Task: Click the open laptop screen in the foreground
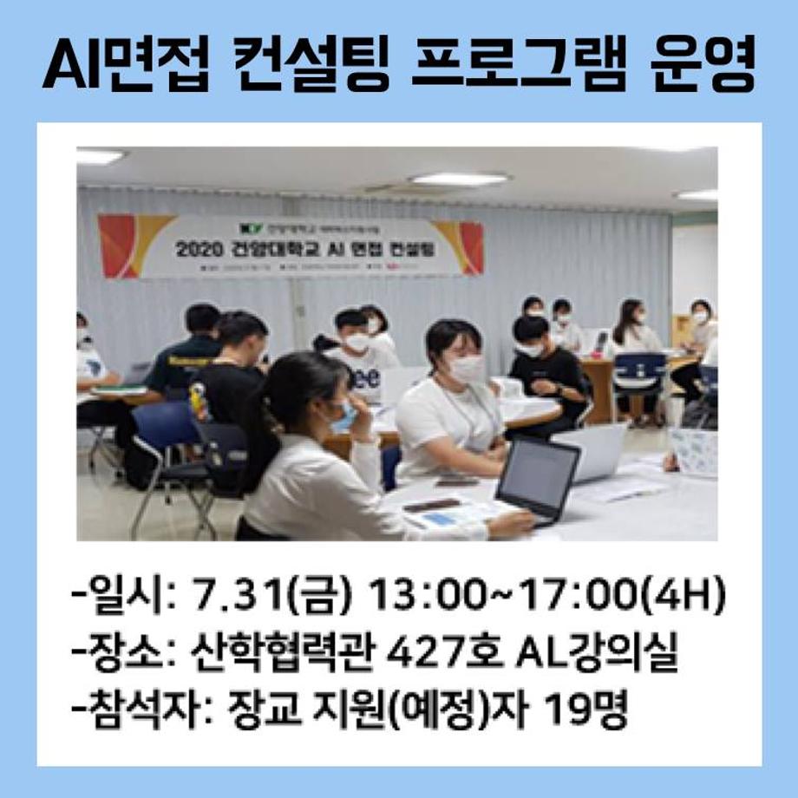pyautogui.click(x=538, y=475)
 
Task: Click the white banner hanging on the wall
pyautogui.click(x=291, y=245)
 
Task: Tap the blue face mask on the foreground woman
pyautogui.click(x=343, y=417)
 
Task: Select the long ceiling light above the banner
pyautogui.click(x=459, y=179)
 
